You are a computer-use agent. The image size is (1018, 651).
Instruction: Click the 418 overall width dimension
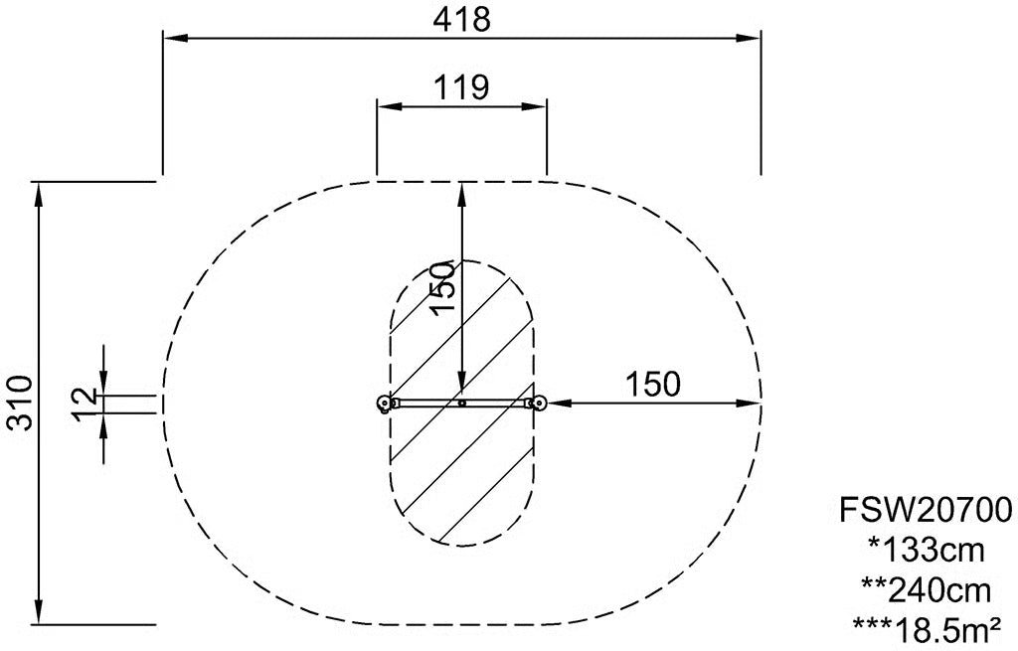point(461,20)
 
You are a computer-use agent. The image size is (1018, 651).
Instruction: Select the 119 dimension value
point(461,87)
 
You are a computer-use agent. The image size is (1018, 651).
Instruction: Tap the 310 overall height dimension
point(20,403)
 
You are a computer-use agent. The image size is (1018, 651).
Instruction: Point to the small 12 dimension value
point(84,404)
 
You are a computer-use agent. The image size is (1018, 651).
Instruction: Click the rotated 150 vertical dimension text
point(444,287)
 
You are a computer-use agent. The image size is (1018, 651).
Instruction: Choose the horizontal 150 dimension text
point(653,385)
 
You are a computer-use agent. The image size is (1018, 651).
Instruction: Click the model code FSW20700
point(926,510)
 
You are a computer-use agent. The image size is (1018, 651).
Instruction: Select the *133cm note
point(927,551)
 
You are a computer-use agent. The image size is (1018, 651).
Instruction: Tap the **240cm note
point(926,590)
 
